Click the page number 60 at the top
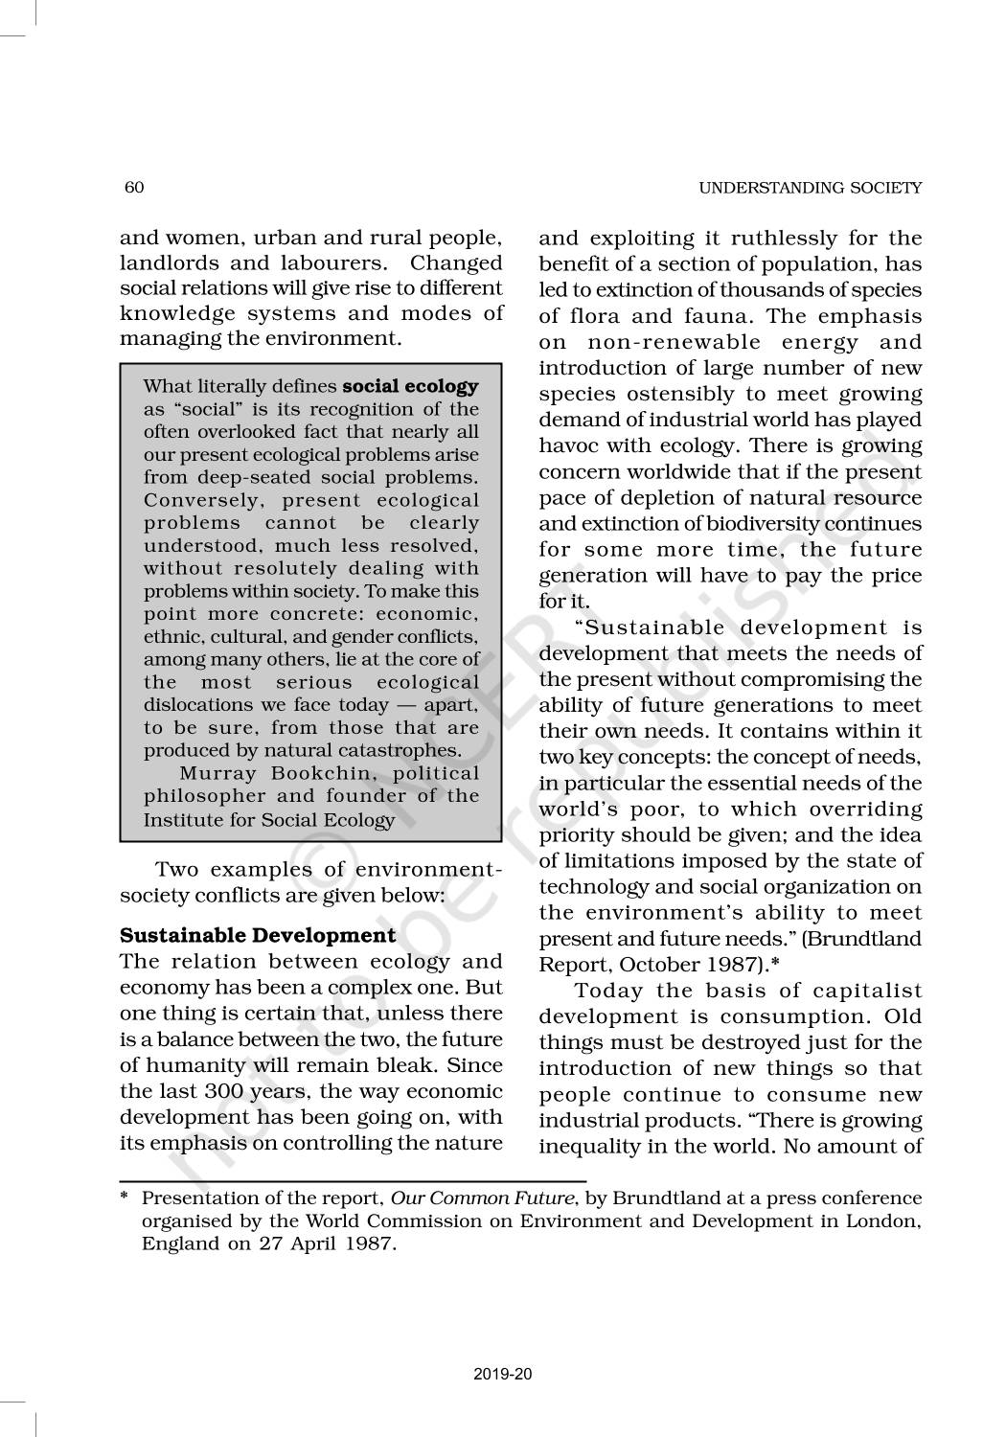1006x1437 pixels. coord(134,187)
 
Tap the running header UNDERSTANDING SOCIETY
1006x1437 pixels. coord(810,188)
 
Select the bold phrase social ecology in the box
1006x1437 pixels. coord(410,387)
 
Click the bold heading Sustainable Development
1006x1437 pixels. coord(258,935)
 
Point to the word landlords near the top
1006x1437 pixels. coord(166,263)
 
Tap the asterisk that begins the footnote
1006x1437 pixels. coord(124,1197)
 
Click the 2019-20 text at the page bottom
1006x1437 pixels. coord(502,1375)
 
